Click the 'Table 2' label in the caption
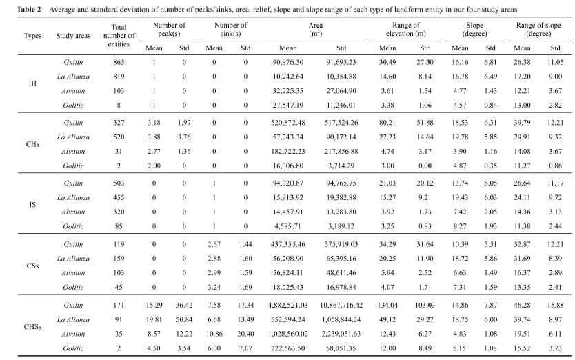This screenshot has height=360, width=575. [28, 10]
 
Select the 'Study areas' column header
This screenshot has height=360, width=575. [73, 36]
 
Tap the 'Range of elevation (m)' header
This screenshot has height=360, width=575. [406, 30]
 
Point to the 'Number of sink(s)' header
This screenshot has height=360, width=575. [230, 30]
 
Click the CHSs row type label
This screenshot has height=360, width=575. [32, 327]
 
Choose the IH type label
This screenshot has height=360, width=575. [32, 83]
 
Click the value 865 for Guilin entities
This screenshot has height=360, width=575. [119, 62]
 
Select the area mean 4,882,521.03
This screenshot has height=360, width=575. [288, 305]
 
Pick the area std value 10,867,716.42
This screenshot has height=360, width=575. [341, 305]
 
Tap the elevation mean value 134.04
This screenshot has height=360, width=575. [387, 305]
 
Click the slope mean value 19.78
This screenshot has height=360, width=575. [460, 137]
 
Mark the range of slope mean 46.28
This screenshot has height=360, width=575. [522, 305]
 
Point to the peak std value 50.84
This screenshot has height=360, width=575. [184, 319]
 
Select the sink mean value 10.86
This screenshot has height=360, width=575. [214, 334]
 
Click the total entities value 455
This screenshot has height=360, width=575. [119, 197]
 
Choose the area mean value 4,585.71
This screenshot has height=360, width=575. [288, 226]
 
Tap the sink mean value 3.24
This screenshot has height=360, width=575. [214, 287]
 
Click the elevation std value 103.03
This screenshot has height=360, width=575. [425, 305]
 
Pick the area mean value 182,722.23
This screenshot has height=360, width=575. [288, 151]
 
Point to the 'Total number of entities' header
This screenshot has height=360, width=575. [119, 36]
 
